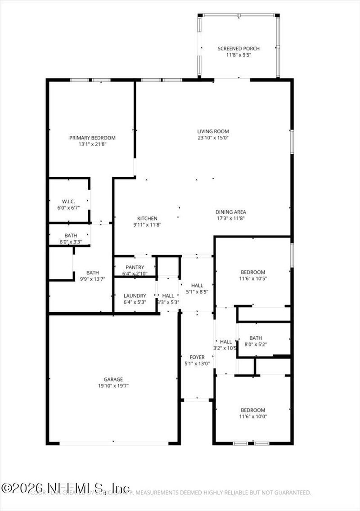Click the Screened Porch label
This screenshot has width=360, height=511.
[238, 49]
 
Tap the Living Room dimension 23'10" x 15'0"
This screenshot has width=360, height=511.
[213, 138]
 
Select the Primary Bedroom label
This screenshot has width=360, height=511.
[92, 138]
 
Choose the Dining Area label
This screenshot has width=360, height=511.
[231, 212]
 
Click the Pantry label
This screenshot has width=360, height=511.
[135, 267]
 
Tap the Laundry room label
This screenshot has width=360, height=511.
[135, 296]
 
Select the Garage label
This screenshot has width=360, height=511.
[113, 379]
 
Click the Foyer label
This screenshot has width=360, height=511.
[197, 357]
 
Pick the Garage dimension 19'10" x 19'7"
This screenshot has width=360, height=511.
[113, 385]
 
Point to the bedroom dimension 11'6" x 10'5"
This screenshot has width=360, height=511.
[253, 278]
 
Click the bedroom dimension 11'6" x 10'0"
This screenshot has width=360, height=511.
[253, 417]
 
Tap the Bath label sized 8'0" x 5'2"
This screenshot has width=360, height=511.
[256, 338]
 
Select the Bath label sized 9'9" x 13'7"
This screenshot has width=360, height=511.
[93, 273]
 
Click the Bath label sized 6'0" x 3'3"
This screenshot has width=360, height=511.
[71, 235]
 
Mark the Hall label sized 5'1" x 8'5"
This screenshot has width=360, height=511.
[197, 285]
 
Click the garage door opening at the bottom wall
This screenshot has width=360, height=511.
[113, 443]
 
